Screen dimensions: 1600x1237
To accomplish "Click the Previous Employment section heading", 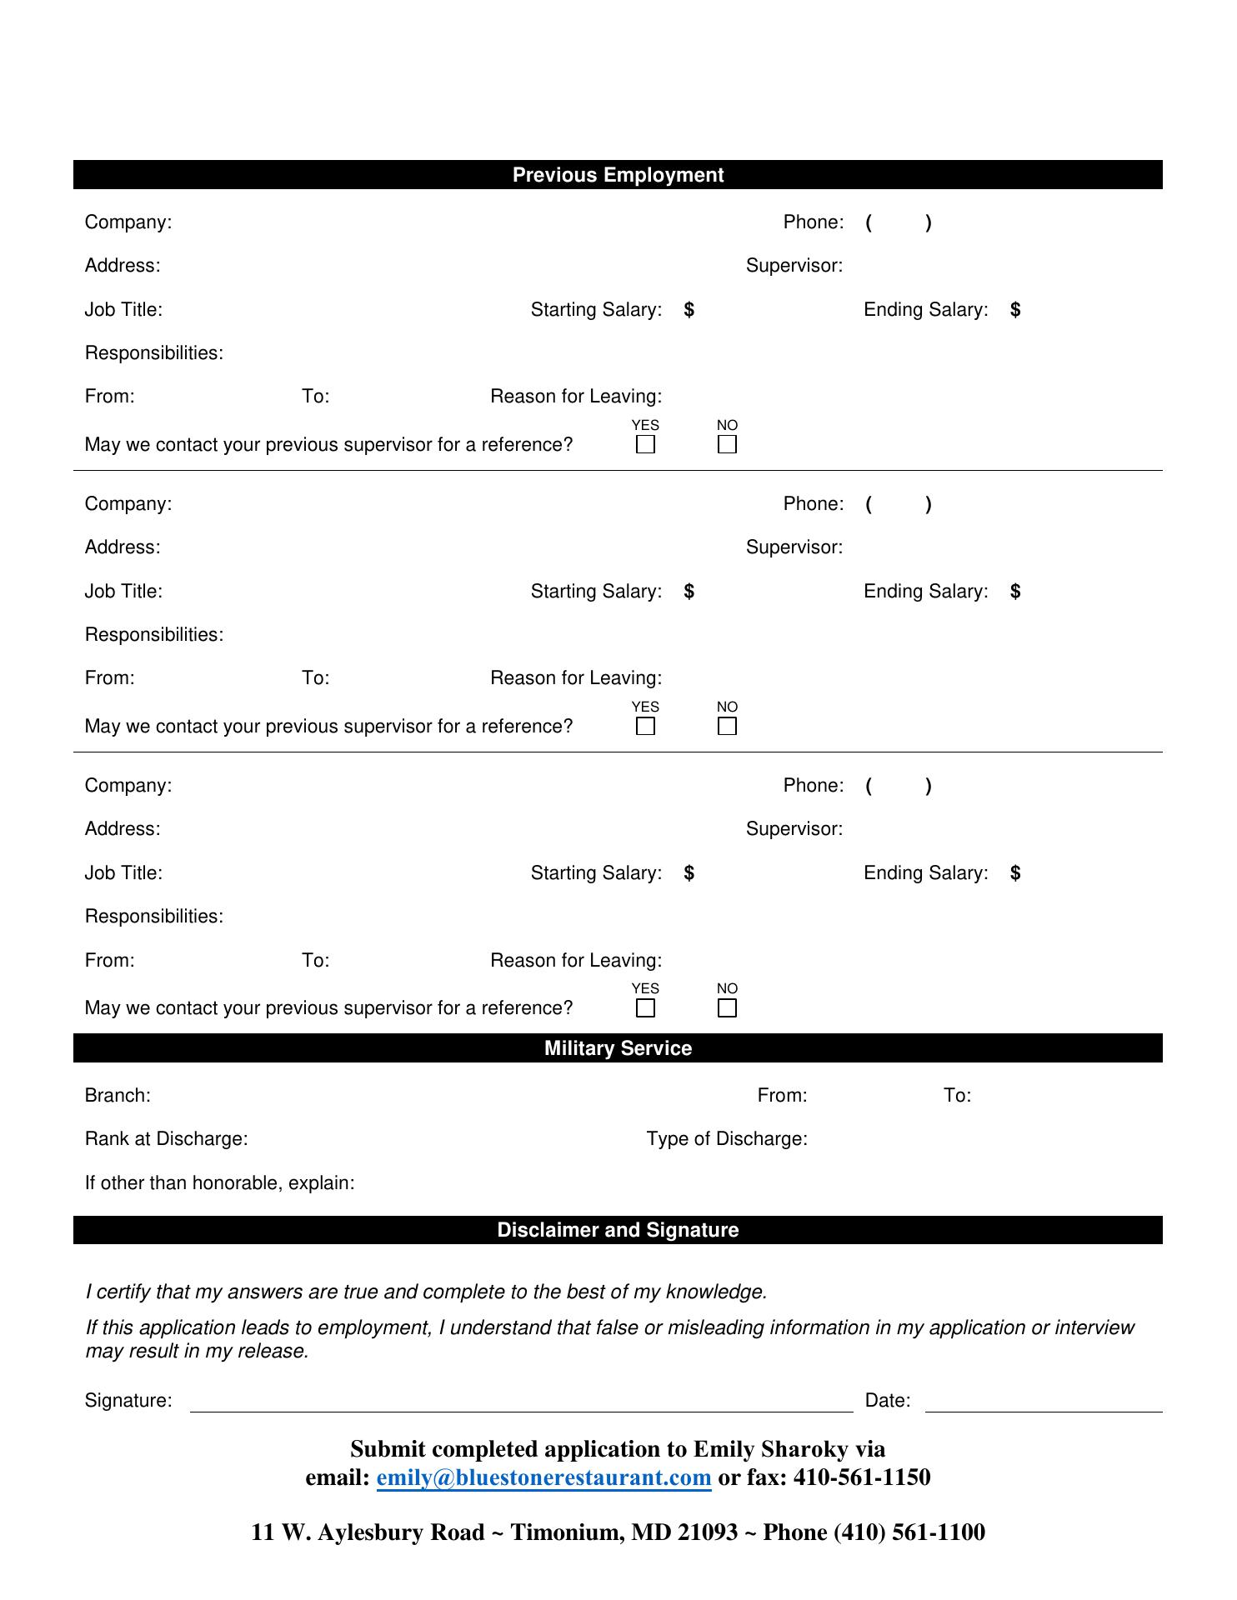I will (618, 175).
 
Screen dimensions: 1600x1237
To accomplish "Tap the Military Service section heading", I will (618, 1048).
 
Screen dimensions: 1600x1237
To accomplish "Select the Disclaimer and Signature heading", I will (618, 1230).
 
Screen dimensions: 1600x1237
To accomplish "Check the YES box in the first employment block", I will (645, 444).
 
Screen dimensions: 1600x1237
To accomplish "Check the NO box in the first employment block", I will (727, 444).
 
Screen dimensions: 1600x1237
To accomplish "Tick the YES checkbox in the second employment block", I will (645, 726).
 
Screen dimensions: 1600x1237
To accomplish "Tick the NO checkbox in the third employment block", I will (727, 1007).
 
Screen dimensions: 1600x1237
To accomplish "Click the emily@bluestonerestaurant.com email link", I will (543, 1477).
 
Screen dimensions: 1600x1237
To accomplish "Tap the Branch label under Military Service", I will (118, 1095).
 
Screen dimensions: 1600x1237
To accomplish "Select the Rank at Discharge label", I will (166, 1138).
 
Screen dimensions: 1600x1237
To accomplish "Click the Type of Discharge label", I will (726, 1138).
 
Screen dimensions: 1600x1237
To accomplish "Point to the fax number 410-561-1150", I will (861, 1477).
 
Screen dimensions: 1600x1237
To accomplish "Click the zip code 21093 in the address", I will (707, 1532).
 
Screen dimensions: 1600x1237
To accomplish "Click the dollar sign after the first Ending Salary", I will (1014, 310).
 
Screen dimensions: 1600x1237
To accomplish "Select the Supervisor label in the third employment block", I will (794, 828).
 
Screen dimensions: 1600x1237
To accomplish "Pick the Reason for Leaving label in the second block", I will (576, 677).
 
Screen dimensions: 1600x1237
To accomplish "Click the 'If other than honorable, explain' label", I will (219, 1182).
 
